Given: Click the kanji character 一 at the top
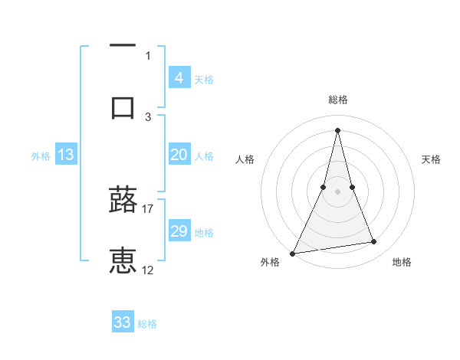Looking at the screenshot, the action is coord(123,47).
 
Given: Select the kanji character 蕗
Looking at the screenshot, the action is coord(123,200).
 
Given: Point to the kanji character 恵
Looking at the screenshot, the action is coord(123,261).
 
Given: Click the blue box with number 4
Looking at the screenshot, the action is coord(179,78).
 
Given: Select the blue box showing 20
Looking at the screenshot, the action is coord(179,155).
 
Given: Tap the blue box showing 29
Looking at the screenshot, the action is coord(179,231).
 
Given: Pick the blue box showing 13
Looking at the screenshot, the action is coord(66,155).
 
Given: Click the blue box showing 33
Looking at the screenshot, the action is coord(123,322).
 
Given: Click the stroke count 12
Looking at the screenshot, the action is coord(148,270).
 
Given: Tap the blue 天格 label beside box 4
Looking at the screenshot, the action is coord(204,79).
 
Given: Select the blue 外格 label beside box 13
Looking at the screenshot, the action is coord(41,155).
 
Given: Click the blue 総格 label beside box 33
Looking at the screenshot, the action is coord(147,324).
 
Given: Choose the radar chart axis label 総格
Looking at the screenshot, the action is coord(337,100).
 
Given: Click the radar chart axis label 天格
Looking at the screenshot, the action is coord(432,159).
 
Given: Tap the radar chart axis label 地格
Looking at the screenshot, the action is coord(402,262).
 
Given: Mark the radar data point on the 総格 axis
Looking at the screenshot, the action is coord(337,130).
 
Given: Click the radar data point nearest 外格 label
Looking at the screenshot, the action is coord(293,253).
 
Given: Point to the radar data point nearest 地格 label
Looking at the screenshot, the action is coord(374,242).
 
